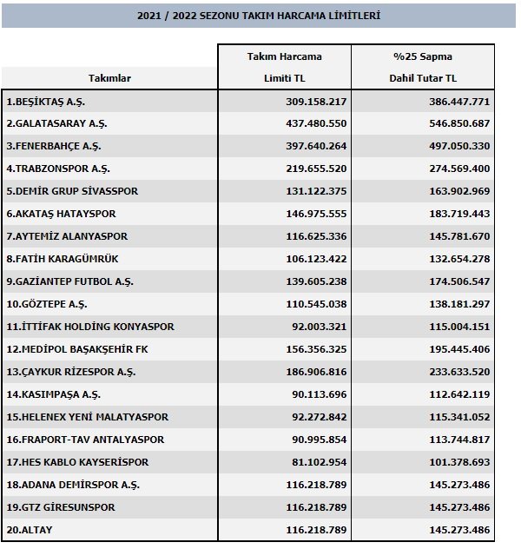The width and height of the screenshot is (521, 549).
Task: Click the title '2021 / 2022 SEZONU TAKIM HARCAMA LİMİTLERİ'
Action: tap(260, 16)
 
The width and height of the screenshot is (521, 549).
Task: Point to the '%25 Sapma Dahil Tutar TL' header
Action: tap(423, 67)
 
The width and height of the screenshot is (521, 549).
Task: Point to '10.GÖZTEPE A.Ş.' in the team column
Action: tap(47, 304)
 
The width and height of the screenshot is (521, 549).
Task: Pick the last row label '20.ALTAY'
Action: tap(29, 530)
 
